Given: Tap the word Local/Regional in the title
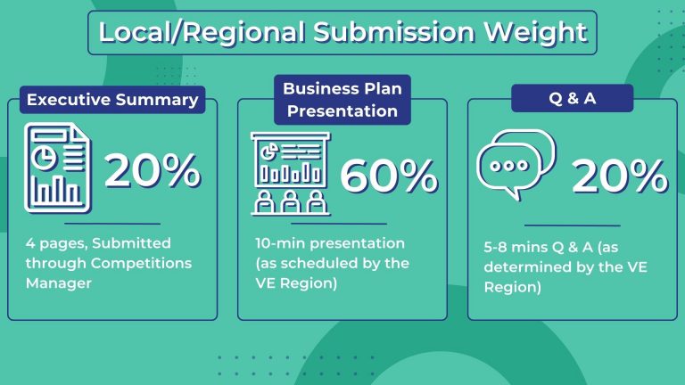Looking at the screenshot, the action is (x=202, y=32).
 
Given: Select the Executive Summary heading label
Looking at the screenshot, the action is (x=112, y=100).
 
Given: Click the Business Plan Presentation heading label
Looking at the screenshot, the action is (x=342, y=100).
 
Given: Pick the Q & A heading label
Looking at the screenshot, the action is (x=572, y=98).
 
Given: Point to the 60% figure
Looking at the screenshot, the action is (x=389, y=176).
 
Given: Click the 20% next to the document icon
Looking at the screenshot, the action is (x=153, y=170).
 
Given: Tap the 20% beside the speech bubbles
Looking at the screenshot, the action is (x=620, y=176).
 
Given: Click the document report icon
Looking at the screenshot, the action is (x=58, y=168).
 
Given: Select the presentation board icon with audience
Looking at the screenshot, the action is (x=291, y=174).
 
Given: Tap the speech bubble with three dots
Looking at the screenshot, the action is (x=509, y=169).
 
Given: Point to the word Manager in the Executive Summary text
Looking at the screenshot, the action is (x=59, y=283).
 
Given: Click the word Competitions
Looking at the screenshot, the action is (x=141, y=263).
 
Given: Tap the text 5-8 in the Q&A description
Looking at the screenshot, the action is (x=495, y=247).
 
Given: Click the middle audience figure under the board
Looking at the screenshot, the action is (x=291, y=201).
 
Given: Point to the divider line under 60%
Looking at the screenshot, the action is (x=339, y=224).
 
